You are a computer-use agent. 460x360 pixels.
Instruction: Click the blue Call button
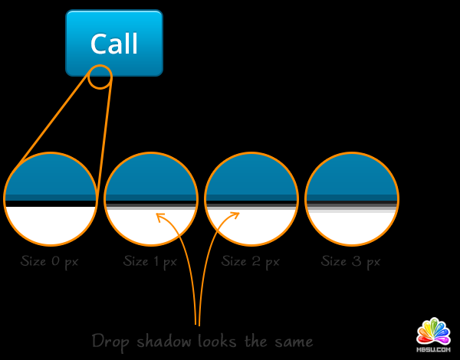click(x=114, y=43)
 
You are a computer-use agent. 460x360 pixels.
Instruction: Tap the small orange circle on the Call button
click(x=100, y=77)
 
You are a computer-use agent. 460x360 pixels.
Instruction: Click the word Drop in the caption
click(x=110, y=340)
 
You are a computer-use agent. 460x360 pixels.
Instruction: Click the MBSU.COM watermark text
click(x=433, y=349)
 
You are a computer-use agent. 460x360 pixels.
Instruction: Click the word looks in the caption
click(x=222, y=340)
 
